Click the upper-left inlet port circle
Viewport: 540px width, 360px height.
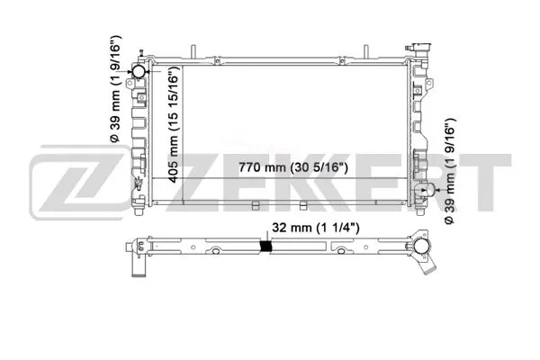tap(140, 71)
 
